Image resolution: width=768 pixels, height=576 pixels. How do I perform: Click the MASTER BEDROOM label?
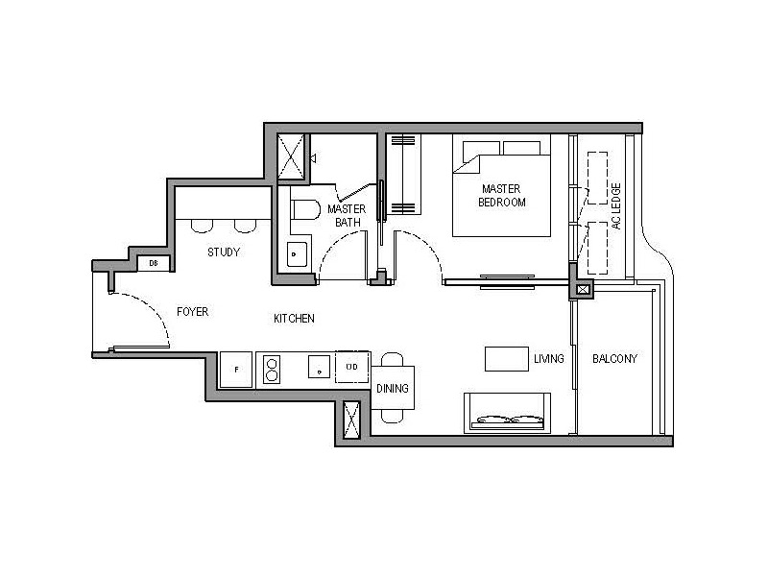pyautogui.click(x=503, y=196)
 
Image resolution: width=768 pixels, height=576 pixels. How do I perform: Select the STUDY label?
pyautogui.click(x=224, y=252)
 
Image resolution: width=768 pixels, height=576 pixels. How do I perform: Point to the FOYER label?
pyautogui.click(x=192, y=312)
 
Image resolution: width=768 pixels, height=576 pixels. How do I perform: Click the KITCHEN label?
pyautogui.click(x=294, y=318)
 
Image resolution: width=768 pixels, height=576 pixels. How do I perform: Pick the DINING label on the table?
pyautogui.click(x=393, y=389)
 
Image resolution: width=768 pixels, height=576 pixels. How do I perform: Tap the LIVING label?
pyautogui.click(x=548, y=359)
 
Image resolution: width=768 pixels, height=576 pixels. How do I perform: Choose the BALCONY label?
pyautogui.click(x=614, y=359)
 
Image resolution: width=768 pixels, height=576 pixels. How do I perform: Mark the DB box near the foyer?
pyautogui.click(x=154, y=263)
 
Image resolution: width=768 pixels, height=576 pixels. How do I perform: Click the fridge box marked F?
pyautogui.click(x=236, y=370)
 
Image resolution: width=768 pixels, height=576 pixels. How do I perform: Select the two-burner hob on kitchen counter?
pyautogui.click(x=272, y=370)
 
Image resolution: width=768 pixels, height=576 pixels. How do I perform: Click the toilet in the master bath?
pyautogui.click(x=304, y=210)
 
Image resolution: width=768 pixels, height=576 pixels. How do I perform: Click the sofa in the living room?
pyautogui.click(x=508, y=412)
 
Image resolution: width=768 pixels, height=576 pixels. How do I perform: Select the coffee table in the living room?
pyautogui.click(x=505, y=358)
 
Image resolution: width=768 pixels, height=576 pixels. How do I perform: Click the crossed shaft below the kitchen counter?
pyautogui.click(x=351, y=420)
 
